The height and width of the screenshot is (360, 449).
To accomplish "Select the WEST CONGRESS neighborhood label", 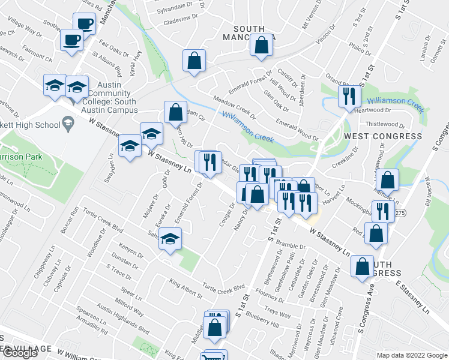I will [383, 136].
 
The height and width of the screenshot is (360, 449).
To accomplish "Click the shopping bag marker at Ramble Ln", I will [389, 180].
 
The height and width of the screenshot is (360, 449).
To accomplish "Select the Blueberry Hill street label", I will [262, 319].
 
